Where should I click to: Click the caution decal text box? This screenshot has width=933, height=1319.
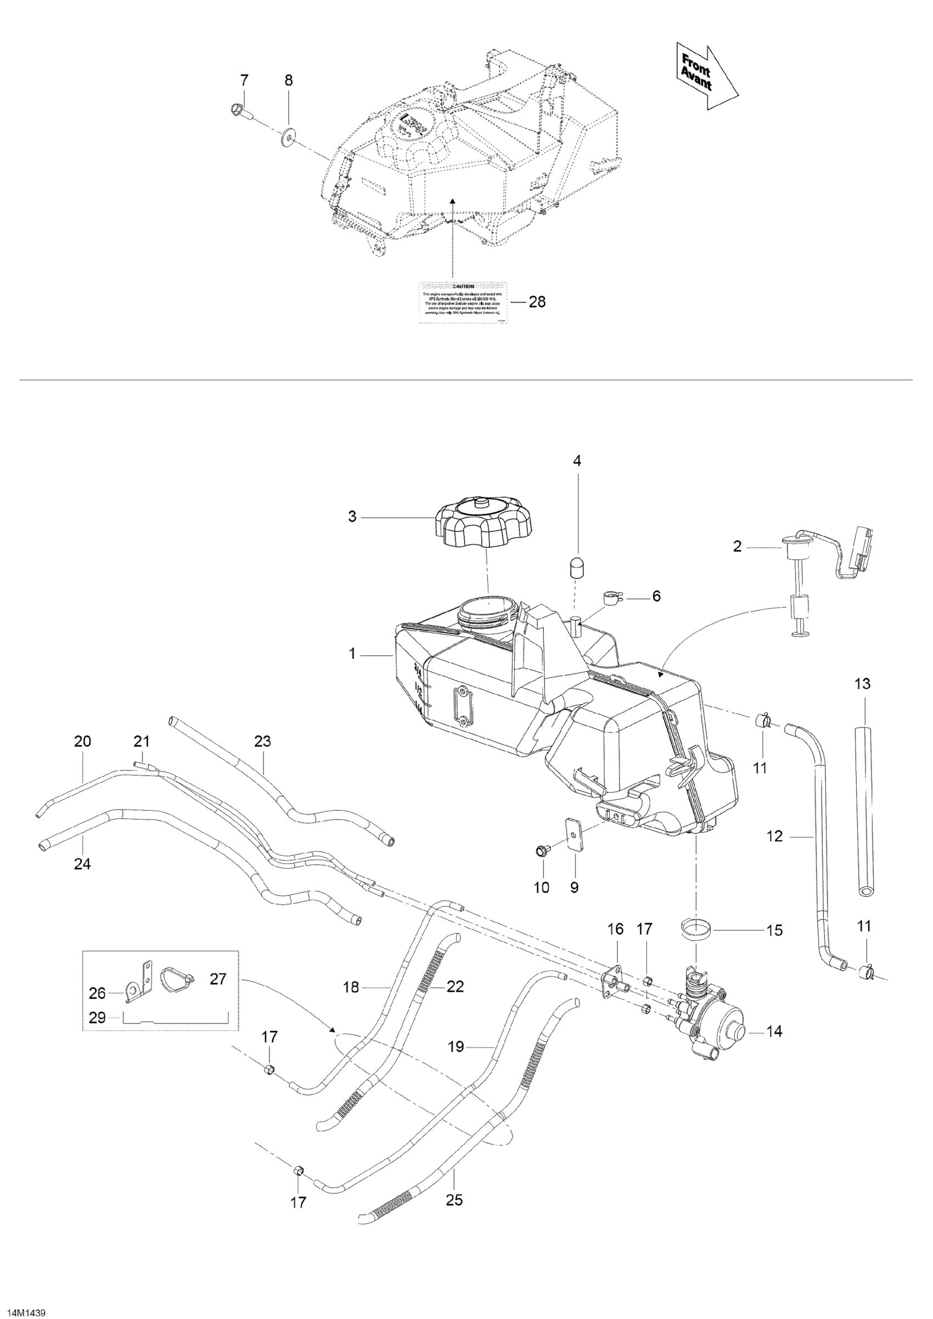click(x=463, y=302)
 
